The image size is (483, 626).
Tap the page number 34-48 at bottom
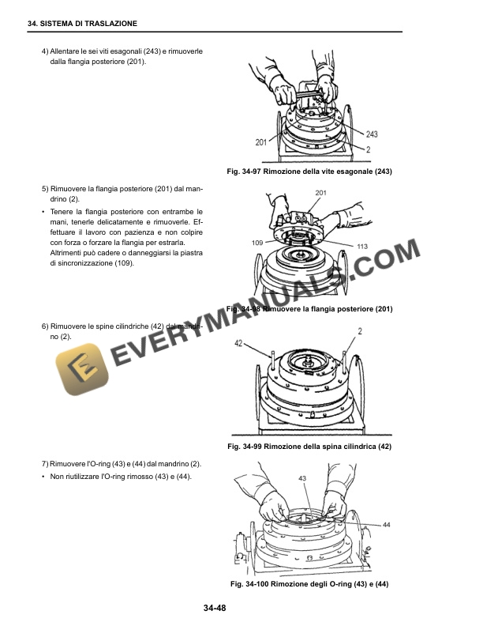click(x=215, y=607)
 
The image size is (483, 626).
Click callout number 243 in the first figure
click(x=372, y=134)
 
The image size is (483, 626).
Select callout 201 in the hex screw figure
click(x=261, y=142)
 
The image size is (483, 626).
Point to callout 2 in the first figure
click(x=369, y=149)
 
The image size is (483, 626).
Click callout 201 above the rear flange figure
click(x=320, y=193)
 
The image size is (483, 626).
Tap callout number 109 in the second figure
click(x=257, y=242)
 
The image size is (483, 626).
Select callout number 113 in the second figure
click(x=362, y=247)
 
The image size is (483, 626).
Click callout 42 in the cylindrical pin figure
click(x=238, y=343)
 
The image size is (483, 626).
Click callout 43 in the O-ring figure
click(x=302, y=478)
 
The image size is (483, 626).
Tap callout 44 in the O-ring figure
click(x=386, y=524)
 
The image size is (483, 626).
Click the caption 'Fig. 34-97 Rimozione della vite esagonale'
click(x=309, y=172)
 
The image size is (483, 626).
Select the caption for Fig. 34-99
click(x=309, y=447)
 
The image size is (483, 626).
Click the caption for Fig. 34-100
click(x=309, y=584)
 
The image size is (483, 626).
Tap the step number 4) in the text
click(x=44, y=51)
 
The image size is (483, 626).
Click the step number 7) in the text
click(x=44, y=462)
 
